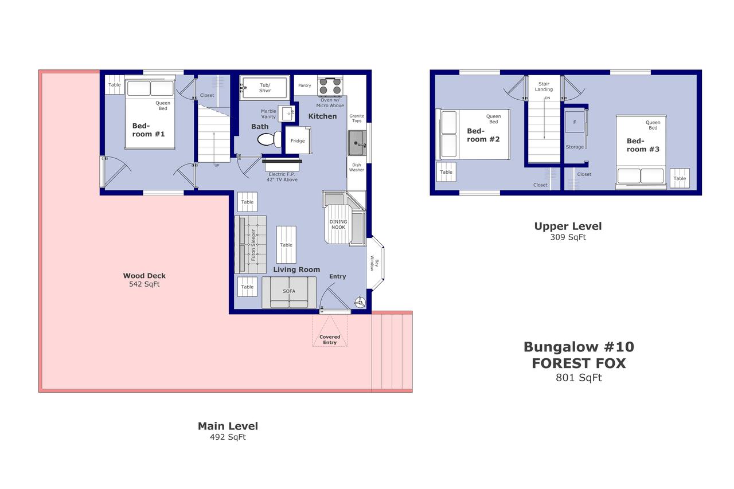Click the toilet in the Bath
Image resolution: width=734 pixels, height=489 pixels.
[268, 139]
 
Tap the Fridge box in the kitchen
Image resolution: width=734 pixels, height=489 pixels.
[298, 140]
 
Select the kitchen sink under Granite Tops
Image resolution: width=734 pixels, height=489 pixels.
[356, 143]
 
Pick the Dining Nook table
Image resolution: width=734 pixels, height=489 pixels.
[338, 224]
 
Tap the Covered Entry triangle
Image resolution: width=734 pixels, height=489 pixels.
[330, 332]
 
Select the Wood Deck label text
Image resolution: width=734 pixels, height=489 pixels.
[145, 276]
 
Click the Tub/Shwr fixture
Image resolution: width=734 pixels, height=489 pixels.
[264, 87]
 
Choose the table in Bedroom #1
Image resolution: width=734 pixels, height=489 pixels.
[115, 85]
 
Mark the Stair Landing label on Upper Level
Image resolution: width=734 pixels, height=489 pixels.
[544, 87]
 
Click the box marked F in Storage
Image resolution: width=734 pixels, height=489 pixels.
[575, 123]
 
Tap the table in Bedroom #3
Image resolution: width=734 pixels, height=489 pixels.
[680, 178]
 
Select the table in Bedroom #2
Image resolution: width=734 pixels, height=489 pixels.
[446, 172]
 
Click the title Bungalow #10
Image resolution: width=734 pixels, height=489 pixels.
[579, 347]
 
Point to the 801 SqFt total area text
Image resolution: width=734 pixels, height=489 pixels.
[579, 378]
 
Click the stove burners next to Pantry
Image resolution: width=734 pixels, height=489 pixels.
[330, 86]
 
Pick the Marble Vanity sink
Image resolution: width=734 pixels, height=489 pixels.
[286, 112]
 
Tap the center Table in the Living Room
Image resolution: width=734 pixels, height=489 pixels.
[286, 244]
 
